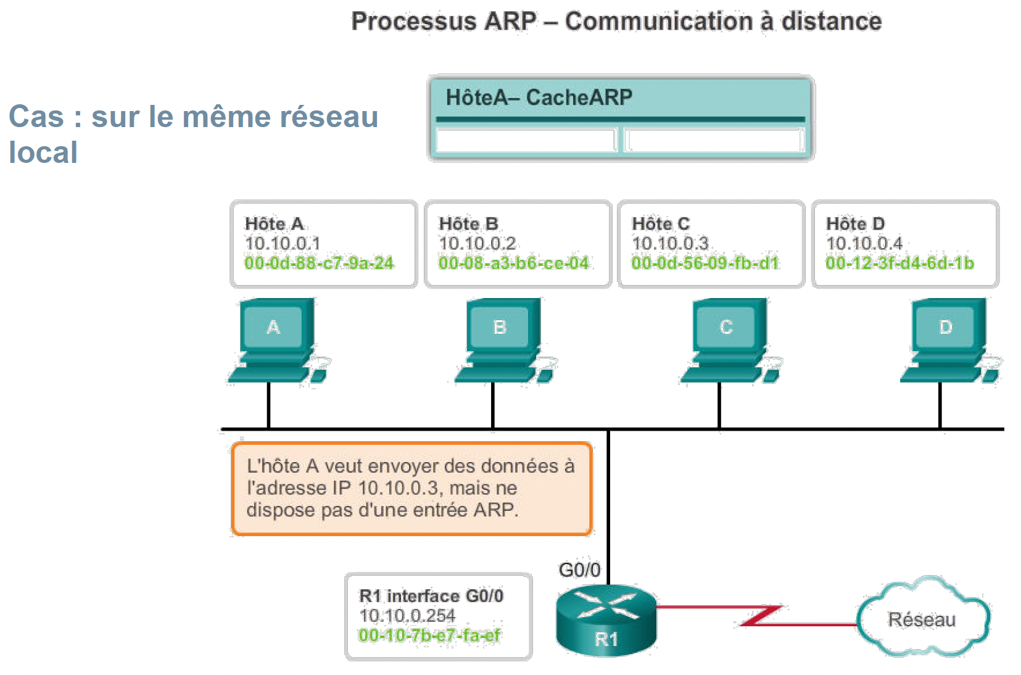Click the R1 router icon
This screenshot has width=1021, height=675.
pos(606,619)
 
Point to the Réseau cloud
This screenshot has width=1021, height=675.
pos(922,618)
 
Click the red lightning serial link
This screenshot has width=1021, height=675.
pos(761,615)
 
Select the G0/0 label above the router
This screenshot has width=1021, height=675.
pos(579,569)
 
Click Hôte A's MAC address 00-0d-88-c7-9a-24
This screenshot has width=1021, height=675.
pos(319,263)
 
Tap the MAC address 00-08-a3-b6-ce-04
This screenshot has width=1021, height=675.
pos(513,263)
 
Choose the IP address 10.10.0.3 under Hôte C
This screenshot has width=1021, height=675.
pos(670,244)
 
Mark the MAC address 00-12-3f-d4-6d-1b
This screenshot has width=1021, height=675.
pos(899,263)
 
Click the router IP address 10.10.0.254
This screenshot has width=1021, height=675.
pos(407,615)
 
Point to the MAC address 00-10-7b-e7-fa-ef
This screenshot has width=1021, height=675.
pos(429,635)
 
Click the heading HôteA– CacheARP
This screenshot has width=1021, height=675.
pos(539,97)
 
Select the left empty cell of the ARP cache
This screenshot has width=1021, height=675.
pos(526,140)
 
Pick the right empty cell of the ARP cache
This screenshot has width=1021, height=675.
pos(714,140)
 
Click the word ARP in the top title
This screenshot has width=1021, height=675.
pos(510,22)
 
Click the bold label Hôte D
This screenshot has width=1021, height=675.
pos(855,223)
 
